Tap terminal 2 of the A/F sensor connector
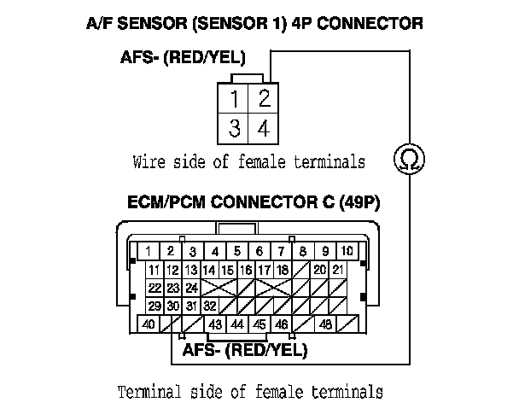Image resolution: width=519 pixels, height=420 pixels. pos(264,98)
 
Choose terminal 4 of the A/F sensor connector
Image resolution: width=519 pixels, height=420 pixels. pos(264,129)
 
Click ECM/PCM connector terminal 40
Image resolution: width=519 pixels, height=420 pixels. pos(149,324)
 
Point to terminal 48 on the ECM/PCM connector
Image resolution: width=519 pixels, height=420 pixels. pos(325,324)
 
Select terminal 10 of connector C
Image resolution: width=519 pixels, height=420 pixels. pos(348,251)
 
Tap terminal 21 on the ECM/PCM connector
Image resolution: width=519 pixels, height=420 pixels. pos(339,270)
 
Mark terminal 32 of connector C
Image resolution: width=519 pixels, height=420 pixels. pos(209,306)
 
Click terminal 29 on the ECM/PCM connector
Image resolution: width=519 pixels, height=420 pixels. pos(155,306)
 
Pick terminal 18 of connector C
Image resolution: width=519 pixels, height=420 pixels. pos(281,270)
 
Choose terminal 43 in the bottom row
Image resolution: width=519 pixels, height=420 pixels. pos(215,324)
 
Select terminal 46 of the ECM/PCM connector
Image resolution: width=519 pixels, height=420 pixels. pos(281,324)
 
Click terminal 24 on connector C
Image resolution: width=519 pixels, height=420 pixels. pos(192,288)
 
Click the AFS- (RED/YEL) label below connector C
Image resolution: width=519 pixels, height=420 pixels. pos(244,350)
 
